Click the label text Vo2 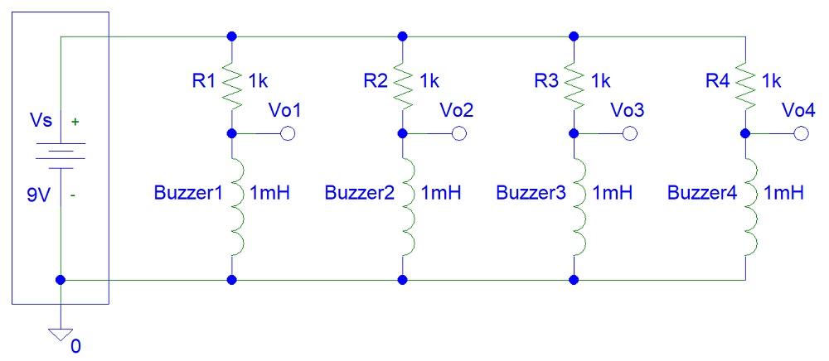click(456, 110)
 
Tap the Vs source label click(39, 122)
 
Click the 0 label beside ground click(76, 346)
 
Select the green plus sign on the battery click(76, 122)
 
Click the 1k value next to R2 click(429, 81)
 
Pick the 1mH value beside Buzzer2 click(441, 193)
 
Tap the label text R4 click(718, 81)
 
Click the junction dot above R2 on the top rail click(403, 36)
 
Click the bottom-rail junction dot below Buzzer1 click(232, 280)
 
